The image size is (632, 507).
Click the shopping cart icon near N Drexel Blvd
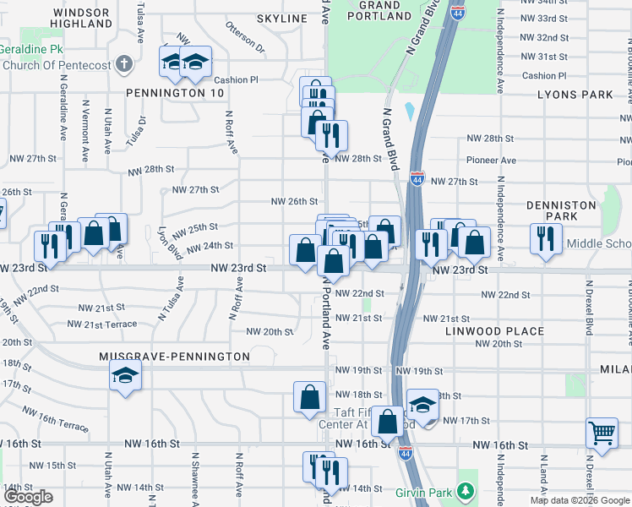coord(602,433)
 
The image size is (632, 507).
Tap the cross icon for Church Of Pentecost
coord(124,63)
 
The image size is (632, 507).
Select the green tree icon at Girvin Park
coord(464,491)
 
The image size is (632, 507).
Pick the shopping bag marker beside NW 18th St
coord(310,395)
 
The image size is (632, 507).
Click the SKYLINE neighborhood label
coord(281,19)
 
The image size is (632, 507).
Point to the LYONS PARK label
coord(575,95)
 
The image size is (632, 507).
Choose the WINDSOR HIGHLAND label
coord(82,18)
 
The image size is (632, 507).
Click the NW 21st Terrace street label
coord(101,324)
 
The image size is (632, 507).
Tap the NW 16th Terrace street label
coord(54,420)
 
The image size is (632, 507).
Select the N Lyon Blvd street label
coord(170,241)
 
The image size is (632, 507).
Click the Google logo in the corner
coord(29,497)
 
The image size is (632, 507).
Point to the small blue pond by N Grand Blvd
coord(410,111)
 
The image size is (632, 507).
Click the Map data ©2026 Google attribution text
coord(579,500)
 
